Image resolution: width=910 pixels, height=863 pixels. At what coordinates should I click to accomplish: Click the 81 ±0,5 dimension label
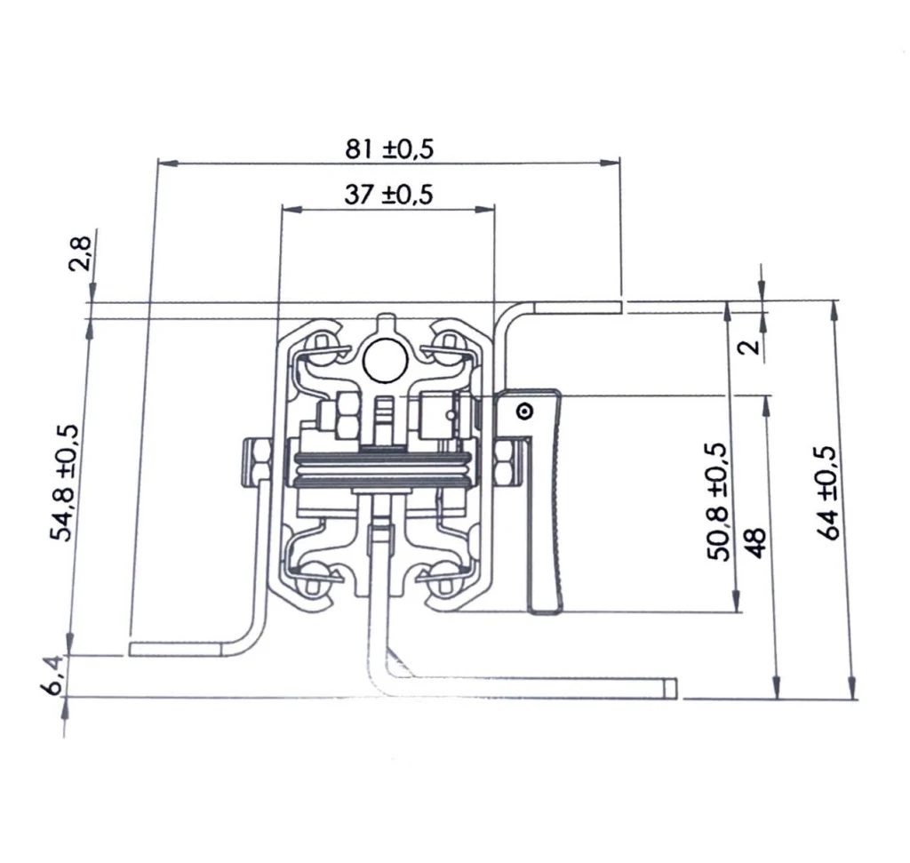pos(389,149)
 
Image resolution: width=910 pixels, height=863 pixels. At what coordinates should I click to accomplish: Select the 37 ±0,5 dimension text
pos(388,194)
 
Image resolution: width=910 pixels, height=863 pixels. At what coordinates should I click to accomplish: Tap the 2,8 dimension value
pos(80,253)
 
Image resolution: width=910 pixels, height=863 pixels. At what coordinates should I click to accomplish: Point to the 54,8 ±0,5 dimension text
pos(64,483)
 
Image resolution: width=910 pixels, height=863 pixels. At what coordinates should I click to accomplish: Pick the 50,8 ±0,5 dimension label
pos(717,501)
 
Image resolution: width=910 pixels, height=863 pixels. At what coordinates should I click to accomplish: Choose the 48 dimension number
pos(755,543)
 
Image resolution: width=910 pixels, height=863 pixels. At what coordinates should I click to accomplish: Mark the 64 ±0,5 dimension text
pos(831,493)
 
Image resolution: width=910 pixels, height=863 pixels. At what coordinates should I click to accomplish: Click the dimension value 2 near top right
pos(750,347)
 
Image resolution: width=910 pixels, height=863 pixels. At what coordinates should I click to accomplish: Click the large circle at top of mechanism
pos(385,361)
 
